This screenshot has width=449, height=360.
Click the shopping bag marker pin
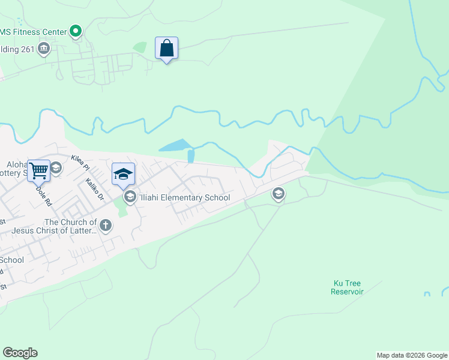pos(167,49)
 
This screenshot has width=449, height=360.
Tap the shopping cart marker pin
pos(38,170)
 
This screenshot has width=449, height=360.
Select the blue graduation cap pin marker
pos(123,174)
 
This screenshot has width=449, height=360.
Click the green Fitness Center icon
pos(76,31)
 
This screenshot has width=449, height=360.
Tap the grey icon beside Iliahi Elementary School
pos(130,197)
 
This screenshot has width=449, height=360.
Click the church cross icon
pos(106,226)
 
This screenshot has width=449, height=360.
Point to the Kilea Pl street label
pos(79,162)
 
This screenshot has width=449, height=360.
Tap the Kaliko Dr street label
pos(94,188)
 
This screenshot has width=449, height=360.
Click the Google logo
pos(20,353)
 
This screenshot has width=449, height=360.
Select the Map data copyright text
pos(412,355)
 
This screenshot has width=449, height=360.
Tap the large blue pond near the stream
pos(175,146)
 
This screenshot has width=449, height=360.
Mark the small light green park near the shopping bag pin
pos(139,47)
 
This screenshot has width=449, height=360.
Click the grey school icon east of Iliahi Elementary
pos(278,193)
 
